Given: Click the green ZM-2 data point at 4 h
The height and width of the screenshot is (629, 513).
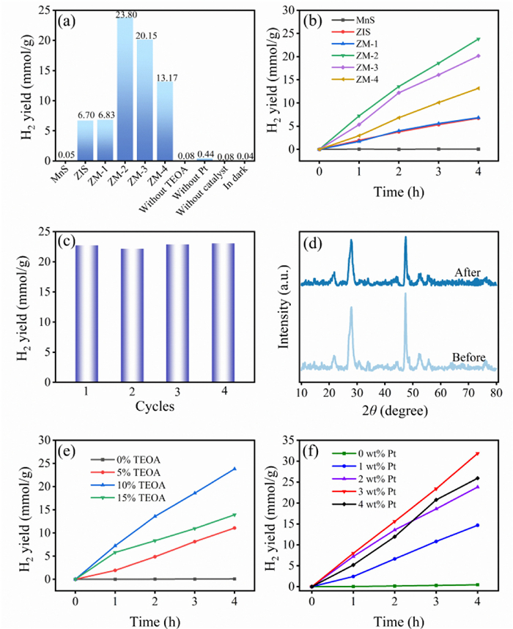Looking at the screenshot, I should pos(478,39).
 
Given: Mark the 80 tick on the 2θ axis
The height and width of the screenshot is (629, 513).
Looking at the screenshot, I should pos(495,395).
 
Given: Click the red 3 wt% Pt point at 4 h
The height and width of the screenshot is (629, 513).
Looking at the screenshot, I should pos(478,453).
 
